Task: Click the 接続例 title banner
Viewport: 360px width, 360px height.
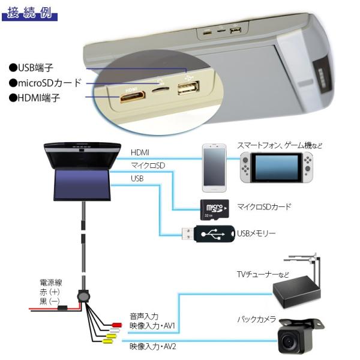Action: point(30,13)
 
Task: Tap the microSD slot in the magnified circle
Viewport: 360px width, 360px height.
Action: point(160,89)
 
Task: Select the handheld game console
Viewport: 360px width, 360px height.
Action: point(277,168)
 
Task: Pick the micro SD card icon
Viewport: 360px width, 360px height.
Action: point(214,208)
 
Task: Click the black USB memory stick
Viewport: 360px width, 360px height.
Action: point(207,234)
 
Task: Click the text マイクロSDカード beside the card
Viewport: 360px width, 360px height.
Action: point(264,207)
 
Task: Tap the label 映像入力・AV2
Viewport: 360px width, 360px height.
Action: point(152,346)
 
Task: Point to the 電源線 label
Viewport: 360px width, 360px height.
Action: point(52,280)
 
